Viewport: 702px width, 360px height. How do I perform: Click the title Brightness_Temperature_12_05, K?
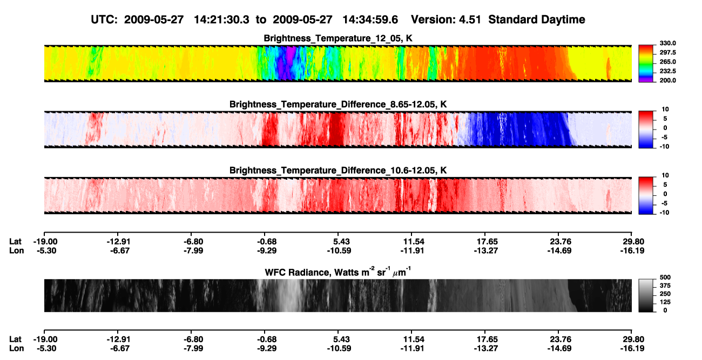click(338, 38)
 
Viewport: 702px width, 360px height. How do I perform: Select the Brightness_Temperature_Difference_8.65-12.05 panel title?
click(338, 104)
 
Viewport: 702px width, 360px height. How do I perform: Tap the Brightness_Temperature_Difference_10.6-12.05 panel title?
click(338, 171)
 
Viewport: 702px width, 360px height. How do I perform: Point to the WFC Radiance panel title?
click(338, 272)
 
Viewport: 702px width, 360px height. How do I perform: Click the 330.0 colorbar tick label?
click(667, 43)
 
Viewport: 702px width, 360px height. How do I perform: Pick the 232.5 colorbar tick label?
click(667, 71)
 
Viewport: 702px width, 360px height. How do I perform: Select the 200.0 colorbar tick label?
click(667, 80)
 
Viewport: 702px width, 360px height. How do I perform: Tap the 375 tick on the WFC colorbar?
click(665, 286)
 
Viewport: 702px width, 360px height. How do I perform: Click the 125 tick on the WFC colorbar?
click(665, 302)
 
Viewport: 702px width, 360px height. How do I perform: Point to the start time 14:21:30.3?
click(221, 20)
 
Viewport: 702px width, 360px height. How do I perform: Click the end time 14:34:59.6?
click(370, 20)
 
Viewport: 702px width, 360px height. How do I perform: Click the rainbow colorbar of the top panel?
click(646, 64)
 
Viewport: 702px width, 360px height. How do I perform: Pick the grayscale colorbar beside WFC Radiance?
click(646, 295)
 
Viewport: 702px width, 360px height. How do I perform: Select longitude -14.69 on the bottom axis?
click(559, 349)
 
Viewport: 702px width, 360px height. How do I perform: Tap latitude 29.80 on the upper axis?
click(633, 242)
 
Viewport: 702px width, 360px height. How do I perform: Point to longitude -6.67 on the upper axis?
click(120, 250)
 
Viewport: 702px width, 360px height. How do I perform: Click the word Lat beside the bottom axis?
click(15, 339)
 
